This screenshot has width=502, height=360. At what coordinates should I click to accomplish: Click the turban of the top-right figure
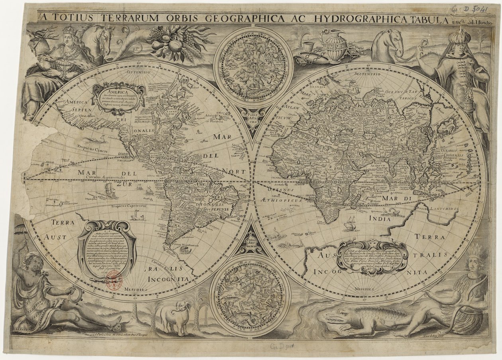click(461, 38)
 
